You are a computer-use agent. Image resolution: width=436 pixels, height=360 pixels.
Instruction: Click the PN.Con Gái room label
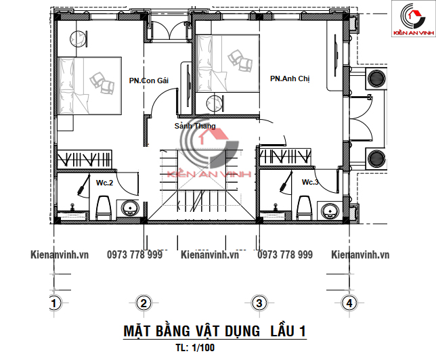[149, 81]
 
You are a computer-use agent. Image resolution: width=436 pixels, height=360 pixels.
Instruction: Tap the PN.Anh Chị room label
[290, 78]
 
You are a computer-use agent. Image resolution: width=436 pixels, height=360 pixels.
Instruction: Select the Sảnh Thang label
[195, 126]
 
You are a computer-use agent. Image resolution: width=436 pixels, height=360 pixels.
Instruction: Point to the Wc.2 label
[104, 183]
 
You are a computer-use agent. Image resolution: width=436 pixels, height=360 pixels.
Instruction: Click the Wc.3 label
[310, 182]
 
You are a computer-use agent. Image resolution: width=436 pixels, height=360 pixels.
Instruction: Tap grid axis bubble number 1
[53, 303]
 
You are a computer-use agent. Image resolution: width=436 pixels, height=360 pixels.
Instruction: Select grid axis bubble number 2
[144, 303]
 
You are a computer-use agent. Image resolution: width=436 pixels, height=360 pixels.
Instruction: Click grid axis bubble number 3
[259, 303]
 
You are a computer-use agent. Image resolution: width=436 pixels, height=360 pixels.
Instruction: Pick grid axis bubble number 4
[349, 303]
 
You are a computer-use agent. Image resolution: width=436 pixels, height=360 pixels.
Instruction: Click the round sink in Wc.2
[130, 208]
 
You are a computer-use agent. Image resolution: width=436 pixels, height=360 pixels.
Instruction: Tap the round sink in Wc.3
[330, 210]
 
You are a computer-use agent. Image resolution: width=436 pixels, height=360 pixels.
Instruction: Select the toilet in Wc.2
[104, 208]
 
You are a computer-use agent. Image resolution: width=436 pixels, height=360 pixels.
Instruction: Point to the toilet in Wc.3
[304, 208]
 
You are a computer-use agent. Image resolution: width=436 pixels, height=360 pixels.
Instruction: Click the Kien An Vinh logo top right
[413, 19]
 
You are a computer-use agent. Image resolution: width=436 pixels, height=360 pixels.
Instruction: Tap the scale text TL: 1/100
[195, 348]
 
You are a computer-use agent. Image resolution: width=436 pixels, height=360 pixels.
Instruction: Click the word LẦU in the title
[282, 331]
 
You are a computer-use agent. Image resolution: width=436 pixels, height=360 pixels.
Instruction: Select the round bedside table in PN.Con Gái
[78, 39]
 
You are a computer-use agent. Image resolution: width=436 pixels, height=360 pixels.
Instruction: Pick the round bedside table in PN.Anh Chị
[214, 104]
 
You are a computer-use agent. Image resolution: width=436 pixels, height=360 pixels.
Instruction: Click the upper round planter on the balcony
[376, 78]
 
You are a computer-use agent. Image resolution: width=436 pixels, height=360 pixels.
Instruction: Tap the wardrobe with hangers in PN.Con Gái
[85, 159]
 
